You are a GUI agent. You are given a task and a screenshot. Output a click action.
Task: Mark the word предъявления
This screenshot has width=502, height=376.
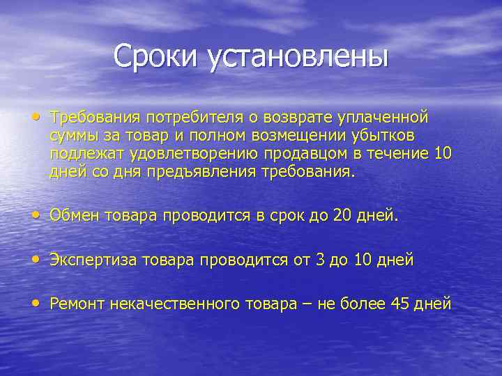[195, 171]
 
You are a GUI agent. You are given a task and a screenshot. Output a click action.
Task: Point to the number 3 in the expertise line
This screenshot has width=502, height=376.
[321, 260]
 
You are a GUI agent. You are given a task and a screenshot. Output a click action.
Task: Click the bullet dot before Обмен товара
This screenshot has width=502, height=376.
[36, 215]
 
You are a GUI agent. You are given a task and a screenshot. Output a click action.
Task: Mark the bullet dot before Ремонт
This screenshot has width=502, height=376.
[36, 303]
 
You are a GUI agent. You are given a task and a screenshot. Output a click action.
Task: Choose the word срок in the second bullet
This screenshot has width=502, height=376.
[287, 217]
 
